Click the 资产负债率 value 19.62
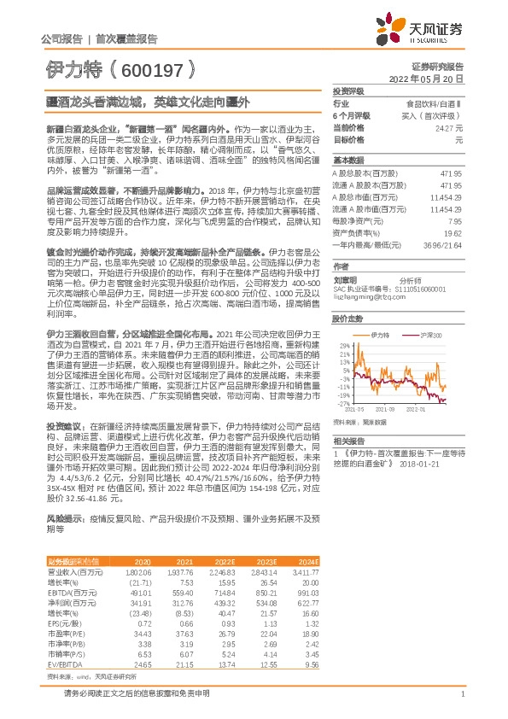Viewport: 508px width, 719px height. click(452, 231)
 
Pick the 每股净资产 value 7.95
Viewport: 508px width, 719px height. click(454, 220)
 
